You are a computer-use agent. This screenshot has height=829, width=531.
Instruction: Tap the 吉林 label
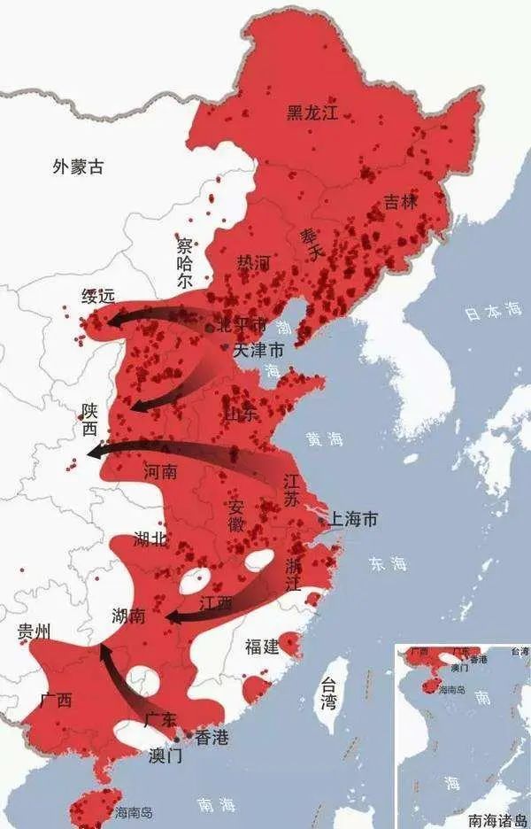click(400, 202)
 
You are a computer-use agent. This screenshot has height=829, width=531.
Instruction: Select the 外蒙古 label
click(78, 166)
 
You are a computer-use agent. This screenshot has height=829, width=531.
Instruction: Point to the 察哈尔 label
click(184, 262)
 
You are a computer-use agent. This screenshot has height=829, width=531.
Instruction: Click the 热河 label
click(252, 263)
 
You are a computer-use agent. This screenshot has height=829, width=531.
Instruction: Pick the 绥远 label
click(98, 297)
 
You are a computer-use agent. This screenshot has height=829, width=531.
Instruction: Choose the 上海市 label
click(352, 519)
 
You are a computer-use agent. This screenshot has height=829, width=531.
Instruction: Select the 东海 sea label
click(388, 563)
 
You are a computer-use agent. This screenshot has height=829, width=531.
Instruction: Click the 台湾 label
click(328, 693)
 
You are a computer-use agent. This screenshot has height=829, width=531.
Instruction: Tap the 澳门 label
click(165, 755)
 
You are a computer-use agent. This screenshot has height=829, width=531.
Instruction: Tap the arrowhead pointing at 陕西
click(91, 453)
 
